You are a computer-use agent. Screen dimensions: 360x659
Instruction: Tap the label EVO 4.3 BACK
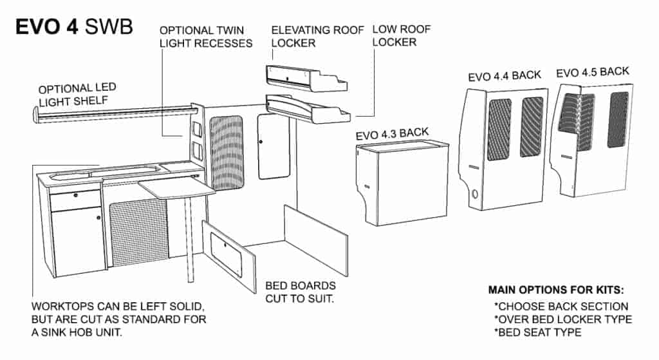pos(392,133)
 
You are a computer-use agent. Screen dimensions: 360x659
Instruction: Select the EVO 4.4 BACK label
pos(505,75)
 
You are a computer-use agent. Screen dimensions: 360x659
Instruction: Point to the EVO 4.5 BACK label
pos(593,71)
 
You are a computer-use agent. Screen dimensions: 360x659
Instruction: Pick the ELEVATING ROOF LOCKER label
pos(317,36)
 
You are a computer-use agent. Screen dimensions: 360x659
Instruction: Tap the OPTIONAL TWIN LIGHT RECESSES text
pos(205,37)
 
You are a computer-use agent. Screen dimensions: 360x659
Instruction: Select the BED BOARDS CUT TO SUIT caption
pos(301,292)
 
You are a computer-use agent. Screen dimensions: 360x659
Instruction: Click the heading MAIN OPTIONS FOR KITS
pos(557,290)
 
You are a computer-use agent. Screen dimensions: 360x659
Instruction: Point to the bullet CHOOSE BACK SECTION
pos(561,307)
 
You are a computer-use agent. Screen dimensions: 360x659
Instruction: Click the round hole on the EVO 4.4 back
pos(476,194)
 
